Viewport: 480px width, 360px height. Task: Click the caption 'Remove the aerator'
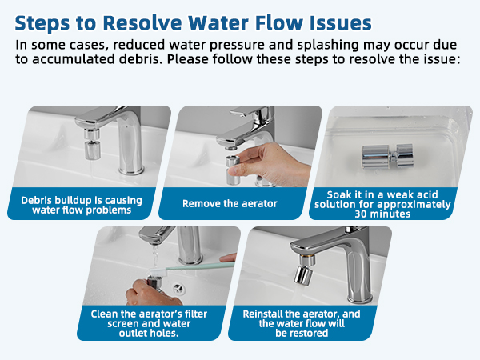coord(230,204)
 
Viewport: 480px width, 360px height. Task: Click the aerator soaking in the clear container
coord(387,154)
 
